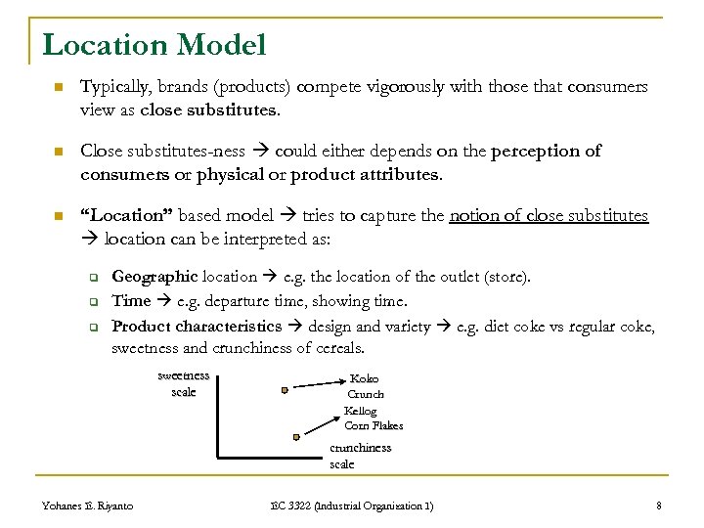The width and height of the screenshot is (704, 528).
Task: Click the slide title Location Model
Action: tap(154, 44)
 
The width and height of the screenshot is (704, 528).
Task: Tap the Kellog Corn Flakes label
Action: tap(373, 418)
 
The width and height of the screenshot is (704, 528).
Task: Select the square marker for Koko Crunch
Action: tap(285, 389)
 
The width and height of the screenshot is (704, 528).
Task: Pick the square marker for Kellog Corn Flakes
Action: tap(296, 437)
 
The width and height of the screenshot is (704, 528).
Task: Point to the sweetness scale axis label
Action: tap(184, 384)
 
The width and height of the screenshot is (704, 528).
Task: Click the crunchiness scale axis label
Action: tap(359, 456)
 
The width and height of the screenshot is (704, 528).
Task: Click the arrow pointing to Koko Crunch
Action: tap(318, 383)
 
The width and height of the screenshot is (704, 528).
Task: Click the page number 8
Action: tap(659, 506)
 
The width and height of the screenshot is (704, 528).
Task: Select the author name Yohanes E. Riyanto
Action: tap(88, 506)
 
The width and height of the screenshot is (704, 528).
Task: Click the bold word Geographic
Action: tap(154, 277)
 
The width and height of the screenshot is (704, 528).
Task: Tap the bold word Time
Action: tap(131, 301)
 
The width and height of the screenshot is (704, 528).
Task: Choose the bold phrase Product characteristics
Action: tap(197, 326)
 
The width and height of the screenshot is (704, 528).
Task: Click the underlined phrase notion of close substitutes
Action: tap(549, 215)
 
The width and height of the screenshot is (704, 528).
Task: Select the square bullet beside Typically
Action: tap(58, 88)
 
